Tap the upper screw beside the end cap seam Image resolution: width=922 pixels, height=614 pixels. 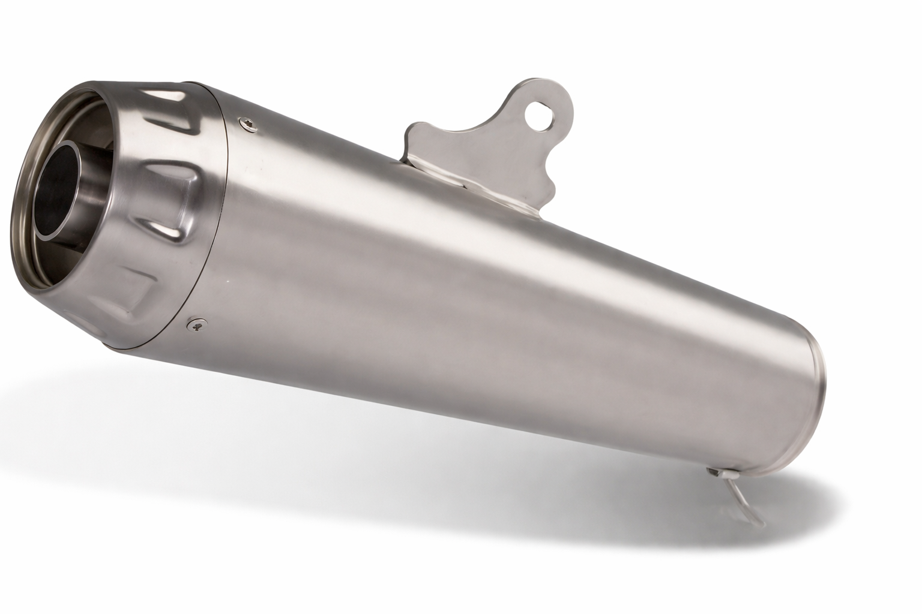[247, 124]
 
